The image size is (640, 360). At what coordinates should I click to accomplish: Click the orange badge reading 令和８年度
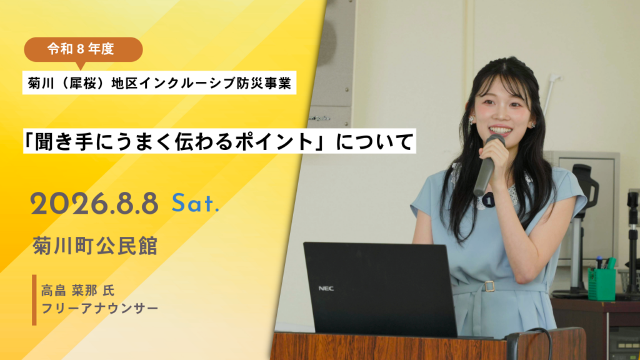pos(83,49)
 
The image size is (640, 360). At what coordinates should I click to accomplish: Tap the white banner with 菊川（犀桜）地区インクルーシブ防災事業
pos(159,83)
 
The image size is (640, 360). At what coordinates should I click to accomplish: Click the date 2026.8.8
pos(94,203)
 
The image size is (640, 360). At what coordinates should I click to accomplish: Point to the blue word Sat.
pos(196,203)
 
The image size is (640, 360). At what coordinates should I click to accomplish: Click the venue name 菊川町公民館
pos(95,246)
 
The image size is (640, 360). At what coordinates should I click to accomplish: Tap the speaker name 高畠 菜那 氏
pos(78,291)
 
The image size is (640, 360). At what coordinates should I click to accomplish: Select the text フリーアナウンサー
pos(99,308)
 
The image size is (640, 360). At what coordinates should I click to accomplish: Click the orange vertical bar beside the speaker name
pos(34,300)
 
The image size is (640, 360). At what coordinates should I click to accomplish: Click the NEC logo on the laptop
pos(326,289)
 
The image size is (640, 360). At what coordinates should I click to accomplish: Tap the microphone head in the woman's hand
pos(495,142)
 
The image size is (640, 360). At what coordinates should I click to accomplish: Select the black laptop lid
pos(379,289)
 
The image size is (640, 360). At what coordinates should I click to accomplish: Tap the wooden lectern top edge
pos(429,336)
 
